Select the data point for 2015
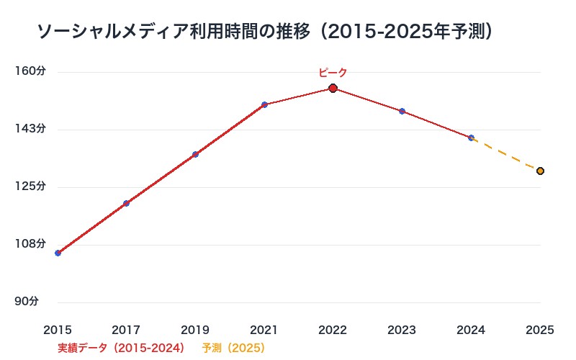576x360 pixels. pyautogui.click(x=58, y=253)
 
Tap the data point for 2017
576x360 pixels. pyautogui.click(x=126, y=203)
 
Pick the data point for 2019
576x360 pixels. pyautogui.click(x=195, y=154)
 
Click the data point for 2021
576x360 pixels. pyautogui.click(x=264, y=104)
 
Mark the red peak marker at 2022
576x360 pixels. pyautogui.click(x=333, y=88)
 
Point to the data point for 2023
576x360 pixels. pyautogui.click(x=402, y=111)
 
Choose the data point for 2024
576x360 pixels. pyautogui.click(x=471, y=138)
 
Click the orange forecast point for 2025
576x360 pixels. pyautogui.click(x=540, y=171)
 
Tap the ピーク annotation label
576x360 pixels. pyautogui.click(x=333, y=72)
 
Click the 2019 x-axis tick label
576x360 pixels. pyautogui.click(x=195, y=330)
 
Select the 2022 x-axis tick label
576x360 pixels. pyautogui.click(x=333, y=330)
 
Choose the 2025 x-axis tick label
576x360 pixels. pyautogui.click(x=540, y=330)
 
